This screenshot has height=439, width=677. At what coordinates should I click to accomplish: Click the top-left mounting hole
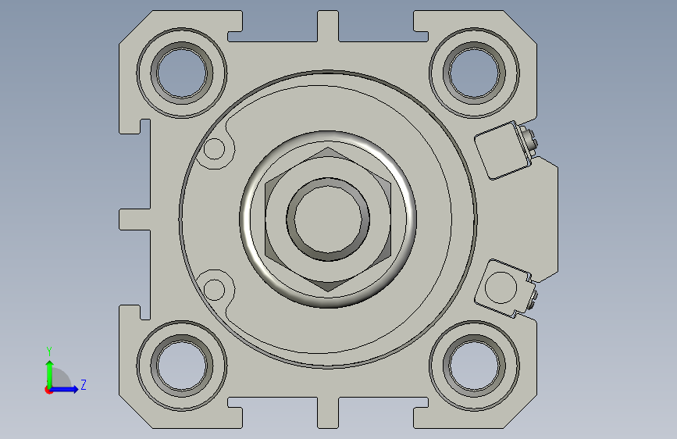point(182,73)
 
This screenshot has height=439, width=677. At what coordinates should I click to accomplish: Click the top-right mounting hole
point(474,73)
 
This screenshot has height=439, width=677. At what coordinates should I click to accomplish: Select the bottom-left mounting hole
point(182,366)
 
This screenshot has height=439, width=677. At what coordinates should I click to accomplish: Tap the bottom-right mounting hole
point(474,366)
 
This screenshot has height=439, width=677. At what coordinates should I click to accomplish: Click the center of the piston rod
point(328,219)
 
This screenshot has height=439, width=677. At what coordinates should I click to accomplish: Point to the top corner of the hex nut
point(328,148)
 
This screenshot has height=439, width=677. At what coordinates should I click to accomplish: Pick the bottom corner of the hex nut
point(328,291)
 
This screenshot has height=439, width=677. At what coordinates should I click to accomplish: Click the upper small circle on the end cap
point(214,149)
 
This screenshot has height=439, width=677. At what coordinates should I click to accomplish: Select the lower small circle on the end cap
point(214,290)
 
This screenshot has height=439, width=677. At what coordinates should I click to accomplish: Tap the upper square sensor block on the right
point(503,150)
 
